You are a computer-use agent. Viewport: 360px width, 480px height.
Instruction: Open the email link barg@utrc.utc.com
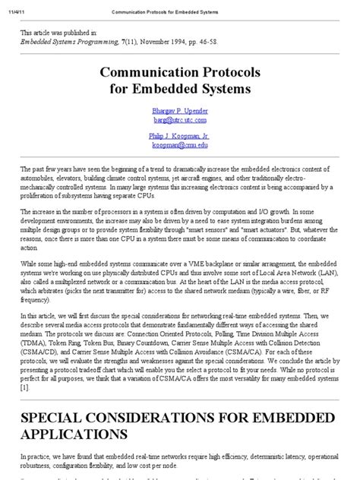point(179,119)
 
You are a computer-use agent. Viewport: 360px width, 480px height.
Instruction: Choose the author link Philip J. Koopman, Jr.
point(179,136)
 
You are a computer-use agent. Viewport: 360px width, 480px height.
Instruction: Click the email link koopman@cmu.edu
point(179,145)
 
